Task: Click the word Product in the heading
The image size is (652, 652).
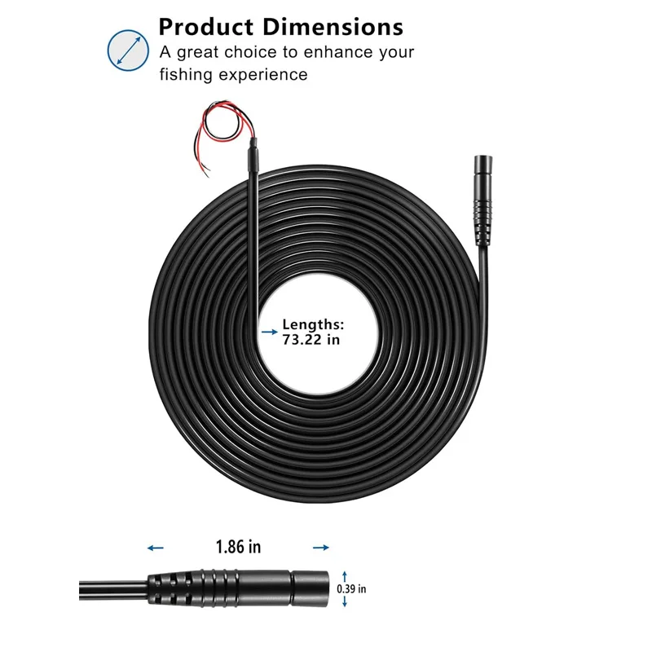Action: (x=206, y=28)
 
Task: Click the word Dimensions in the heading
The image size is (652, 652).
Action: (x=333, y=28)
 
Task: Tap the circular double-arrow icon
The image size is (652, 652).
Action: (x=128, y=51)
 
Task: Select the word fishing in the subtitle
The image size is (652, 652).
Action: (x=186, y=75)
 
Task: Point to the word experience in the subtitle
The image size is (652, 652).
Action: (x=263, y=76)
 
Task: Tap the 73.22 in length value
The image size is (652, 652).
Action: (x=311, y=340)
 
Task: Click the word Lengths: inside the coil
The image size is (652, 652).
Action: (x=313, y=324)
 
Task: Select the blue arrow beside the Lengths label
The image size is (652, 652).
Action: (x=270, y=332)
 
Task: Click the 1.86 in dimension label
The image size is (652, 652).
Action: (x=238, y=547)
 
